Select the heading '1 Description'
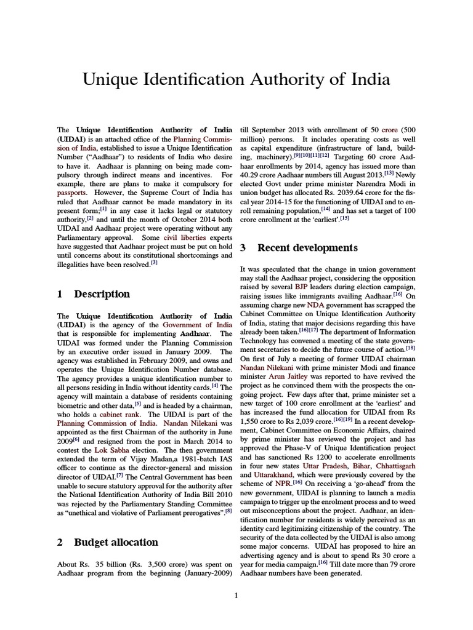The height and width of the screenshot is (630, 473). pyautogui.click(x=94, y=294)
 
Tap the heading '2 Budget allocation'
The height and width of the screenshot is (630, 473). pyautogui.click(x=107, y=542)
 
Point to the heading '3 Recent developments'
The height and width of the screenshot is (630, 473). pyautogui.click(x=298, y=248)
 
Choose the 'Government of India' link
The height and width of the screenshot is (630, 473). pyautogui.click(x=197, y=324)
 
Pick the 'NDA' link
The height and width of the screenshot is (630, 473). pyautogui.click(x=315, y=305)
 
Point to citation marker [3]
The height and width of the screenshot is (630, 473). pyautogui.click(x=154, y=261)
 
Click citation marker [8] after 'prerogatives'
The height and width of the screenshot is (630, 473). pyautogui.click(x=228, y=510)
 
